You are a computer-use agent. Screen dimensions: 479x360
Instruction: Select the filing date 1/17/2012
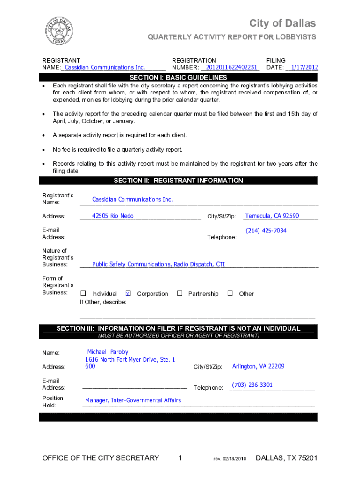(304, 67)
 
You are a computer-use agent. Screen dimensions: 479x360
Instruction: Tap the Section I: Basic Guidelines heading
(178, 78)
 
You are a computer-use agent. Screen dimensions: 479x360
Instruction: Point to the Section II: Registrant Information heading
(178, 181)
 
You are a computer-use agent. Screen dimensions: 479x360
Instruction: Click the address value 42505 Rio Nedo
(113, 216)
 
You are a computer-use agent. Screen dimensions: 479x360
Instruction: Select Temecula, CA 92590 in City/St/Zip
(272, 216)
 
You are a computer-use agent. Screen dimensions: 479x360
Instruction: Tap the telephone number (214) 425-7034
(266, 231)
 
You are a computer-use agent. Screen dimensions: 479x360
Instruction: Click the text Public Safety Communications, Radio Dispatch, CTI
(158, 264)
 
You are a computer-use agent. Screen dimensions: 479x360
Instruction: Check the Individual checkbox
(83, 293)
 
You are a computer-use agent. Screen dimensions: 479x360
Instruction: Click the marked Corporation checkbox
(128, 293)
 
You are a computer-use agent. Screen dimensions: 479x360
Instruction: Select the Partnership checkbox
(180, 293)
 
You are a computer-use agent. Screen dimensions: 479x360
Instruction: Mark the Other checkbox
(230, 293)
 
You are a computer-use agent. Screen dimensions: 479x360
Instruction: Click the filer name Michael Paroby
(108, 352)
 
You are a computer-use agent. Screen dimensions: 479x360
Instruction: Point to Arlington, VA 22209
(258, 366)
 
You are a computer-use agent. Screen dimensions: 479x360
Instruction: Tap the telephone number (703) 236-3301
(252, 385)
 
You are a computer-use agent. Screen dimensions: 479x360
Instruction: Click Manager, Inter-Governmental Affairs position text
(133, 400)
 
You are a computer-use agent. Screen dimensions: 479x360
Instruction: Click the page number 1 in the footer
(180, 458)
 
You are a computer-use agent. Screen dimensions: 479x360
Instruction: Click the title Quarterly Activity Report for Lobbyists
(232, 37)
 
